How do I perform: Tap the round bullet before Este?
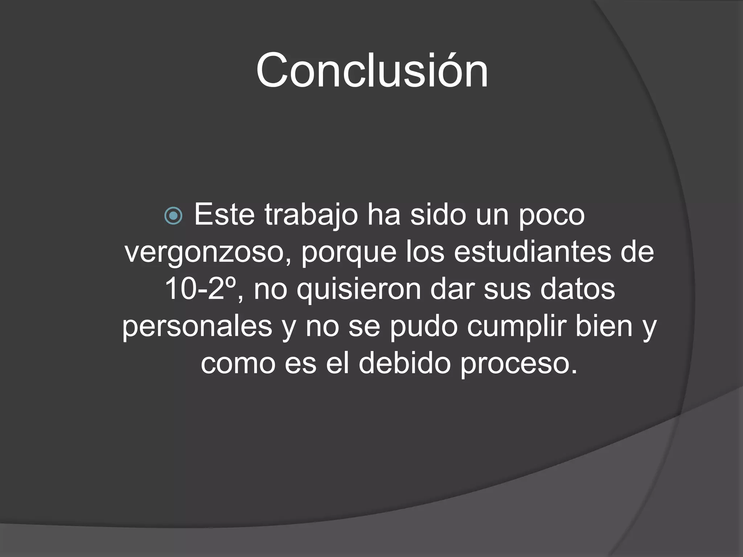(173, 216)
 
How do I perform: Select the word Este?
(224, 215)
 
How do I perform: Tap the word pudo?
(423, 326)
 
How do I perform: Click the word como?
(238, 364)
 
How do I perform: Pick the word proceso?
(519, 364)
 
